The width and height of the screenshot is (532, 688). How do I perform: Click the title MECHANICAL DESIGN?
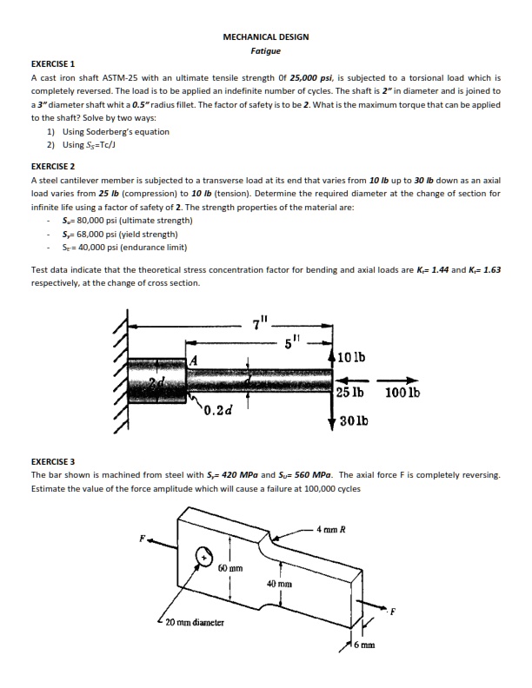point(265,37)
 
